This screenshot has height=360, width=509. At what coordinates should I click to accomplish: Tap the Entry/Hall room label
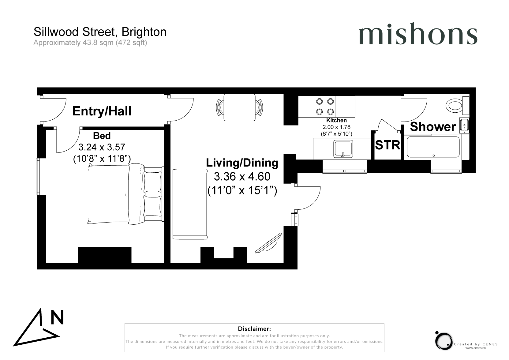(102, 111)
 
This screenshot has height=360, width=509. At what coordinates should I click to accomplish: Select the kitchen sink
(343, 149)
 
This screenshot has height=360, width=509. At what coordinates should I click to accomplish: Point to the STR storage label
(387, 145)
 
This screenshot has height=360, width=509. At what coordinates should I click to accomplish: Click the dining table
(240, 107)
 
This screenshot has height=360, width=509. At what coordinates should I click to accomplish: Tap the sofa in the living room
(190, 204)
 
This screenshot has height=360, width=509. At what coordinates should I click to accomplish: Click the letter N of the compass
(57, 317)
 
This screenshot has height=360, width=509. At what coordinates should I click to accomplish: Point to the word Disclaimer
(254, 329)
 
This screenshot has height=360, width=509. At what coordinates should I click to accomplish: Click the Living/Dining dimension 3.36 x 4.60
(242, 177)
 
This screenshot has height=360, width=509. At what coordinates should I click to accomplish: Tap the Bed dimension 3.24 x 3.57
(102, 147)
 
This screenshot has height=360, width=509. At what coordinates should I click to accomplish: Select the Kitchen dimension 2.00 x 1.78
(337, 127)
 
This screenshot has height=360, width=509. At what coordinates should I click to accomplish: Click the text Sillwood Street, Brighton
(100, 32)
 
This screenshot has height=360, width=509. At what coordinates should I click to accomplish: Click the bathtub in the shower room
(433, 147)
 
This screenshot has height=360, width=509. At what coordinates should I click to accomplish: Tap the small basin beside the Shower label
(464, 125)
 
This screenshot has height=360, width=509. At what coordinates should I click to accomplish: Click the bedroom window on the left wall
(41, 177)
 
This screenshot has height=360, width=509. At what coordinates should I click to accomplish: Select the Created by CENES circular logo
(443, 341)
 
